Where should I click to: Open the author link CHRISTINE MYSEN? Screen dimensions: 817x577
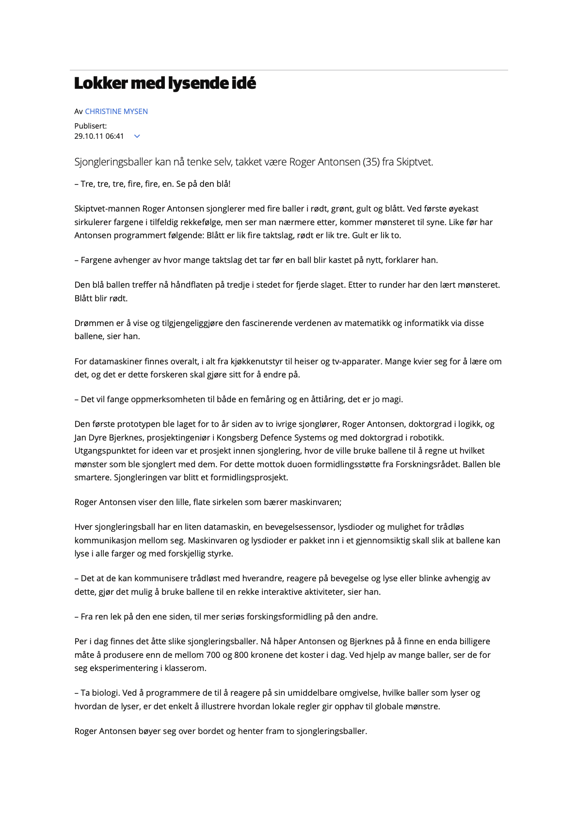click(116, 112)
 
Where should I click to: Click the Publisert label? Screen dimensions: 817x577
click(91, 126)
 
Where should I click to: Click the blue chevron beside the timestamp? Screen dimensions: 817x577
click(137, 136)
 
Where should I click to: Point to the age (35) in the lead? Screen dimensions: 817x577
click(371, 162)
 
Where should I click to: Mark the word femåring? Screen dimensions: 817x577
click(261, 400)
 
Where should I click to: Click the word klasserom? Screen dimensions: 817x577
click(187, 669)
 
